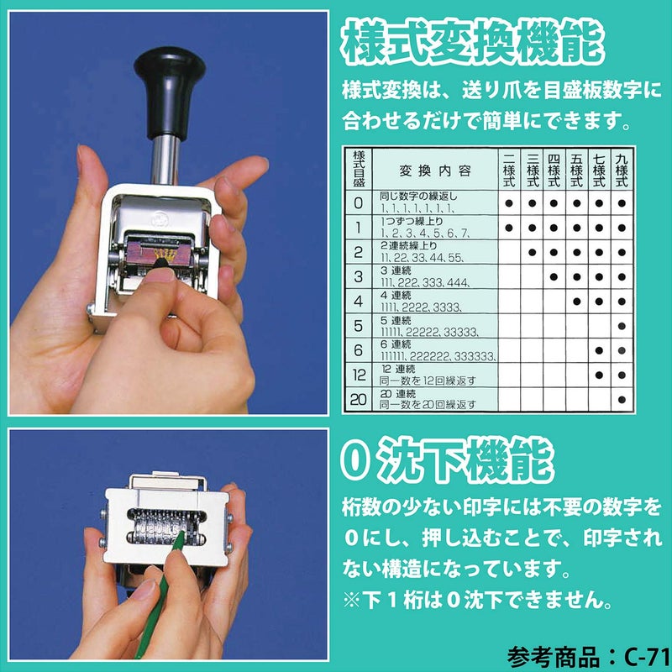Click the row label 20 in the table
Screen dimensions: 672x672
click(x=359, y=399)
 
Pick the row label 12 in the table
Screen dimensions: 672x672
click(x=359, y=375)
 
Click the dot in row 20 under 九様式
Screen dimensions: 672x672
click(x=622, y=399)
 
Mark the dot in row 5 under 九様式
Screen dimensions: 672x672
click(x=622, y=325)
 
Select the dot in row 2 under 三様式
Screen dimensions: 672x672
click(x=532, y=252)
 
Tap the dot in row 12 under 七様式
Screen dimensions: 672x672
click(x=599, y=375)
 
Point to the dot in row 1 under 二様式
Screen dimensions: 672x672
click(x=509, y=228)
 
